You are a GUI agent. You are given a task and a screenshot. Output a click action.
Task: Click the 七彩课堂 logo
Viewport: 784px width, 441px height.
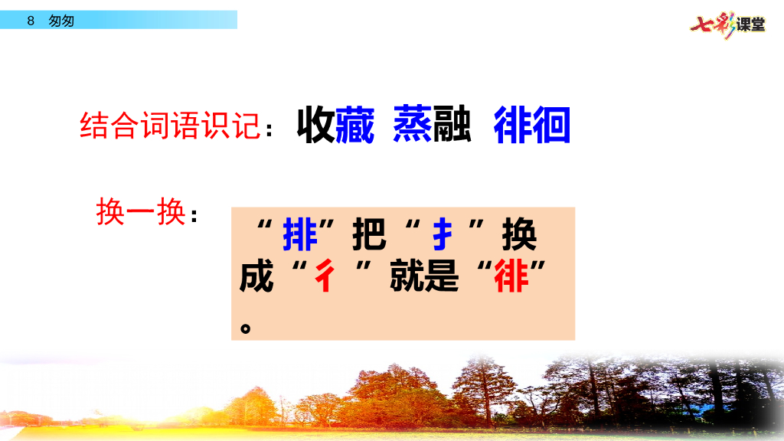click(727, 24)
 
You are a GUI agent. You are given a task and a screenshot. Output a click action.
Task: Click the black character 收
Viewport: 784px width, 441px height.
click(315, 126)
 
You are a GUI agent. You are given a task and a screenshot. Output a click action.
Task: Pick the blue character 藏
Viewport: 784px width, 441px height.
click(355, 126)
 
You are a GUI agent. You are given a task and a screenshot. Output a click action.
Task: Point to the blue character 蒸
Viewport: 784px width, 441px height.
click(413, 126)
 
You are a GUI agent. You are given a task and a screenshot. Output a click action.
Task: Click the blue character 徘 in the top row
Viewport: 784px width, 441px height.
click(513, 126)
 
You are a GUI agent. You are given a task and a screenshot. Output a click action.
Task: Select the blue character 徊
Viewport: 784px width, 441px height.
click(552, 126)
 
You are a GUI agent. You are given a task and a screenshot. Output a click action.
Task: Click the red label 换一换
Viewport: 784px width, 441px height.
click(141, 212)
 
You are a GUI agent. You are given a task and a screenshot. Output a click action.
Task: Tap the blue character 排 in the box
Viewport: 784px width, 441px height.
click(300, 235)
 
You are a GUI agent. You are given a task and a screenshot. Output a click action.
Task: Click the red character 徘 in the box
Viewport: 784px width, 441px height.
click(511, 276)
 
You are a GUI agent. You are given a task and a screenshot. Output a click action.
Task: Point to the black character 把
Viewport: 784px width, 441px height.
click(369, 235)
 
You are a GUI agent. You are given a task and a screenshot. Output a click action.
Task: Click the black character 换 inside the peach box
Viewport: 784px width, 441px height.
click(519, 235)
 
